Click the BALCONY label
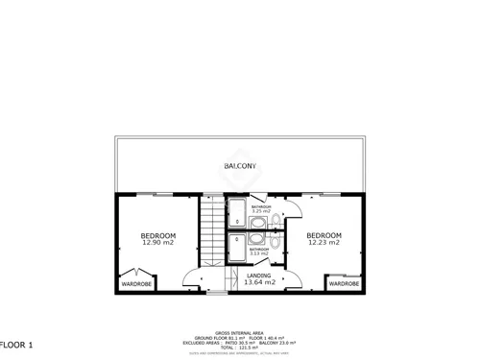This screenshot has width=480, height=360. [239, 166]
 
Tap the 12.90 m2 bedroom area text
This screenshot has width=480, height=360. [158, 243]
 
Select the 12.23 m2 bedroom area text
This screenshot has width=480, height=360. [324, 243]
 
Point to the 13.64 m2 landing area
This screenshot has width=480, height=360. [259, 283]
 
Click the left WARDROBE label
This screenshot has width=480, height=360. [136, 284]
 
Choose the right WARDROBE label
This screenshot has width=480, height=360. [344, 284]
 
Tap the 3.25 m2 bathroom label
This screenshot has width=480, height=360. [261, 209]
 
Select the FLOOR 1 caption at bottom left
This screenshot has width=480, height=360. [17, 344]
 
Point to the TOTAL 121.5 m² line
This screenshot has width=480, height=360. [240, 348]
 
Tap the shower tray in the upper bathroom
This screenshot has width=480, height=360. [236, 213]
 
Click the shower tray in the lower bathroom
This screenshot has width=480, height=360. [236, 250]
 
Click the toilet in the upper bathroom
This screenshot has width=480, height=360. [276, 223]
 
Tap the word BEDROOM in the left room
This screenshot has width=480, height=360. [158, 236]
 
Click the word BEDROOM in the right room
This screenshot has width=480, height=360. [324, 236]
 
